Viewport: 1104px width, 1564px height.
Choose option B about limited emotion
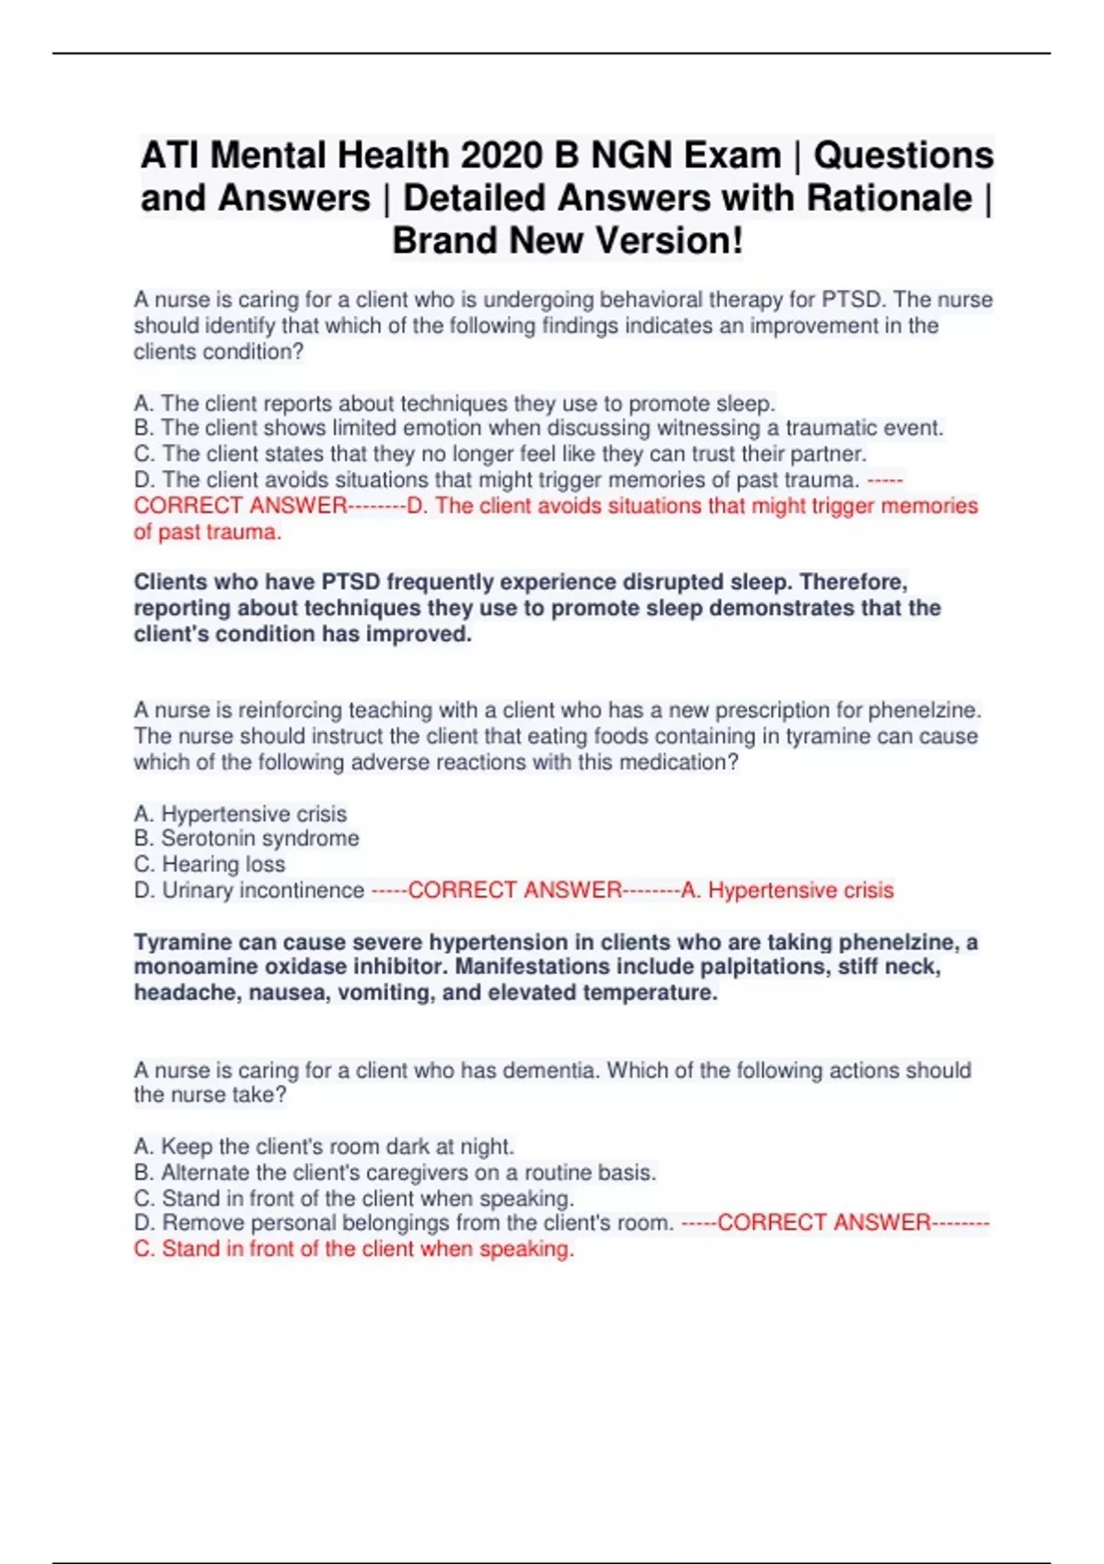coord(538,429)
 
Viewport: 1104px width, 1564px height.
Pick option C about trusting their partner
coord(500,454)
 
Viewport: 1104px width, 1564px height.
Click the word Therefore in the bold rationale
coord(853,582)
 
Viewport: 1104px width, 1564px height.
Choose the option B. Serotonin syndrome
coord(247,839)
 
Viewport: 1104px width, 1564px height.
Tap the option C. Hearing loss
coord(210,865)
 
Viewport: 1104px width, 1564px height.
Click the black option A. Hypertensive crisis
coord(240,814)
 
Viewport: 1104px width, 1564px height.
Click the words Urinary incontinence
coord(263,891)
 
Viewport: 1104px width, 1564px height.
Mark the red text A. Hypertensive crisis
coord(788,891)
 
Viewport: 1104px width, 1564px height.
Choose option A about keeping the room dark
coord(324,1147)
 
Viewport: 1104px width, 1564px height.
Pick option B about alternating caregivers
coord(395,1173)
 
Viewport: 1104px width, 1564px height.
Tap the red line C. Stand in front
coord(354,1249)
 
